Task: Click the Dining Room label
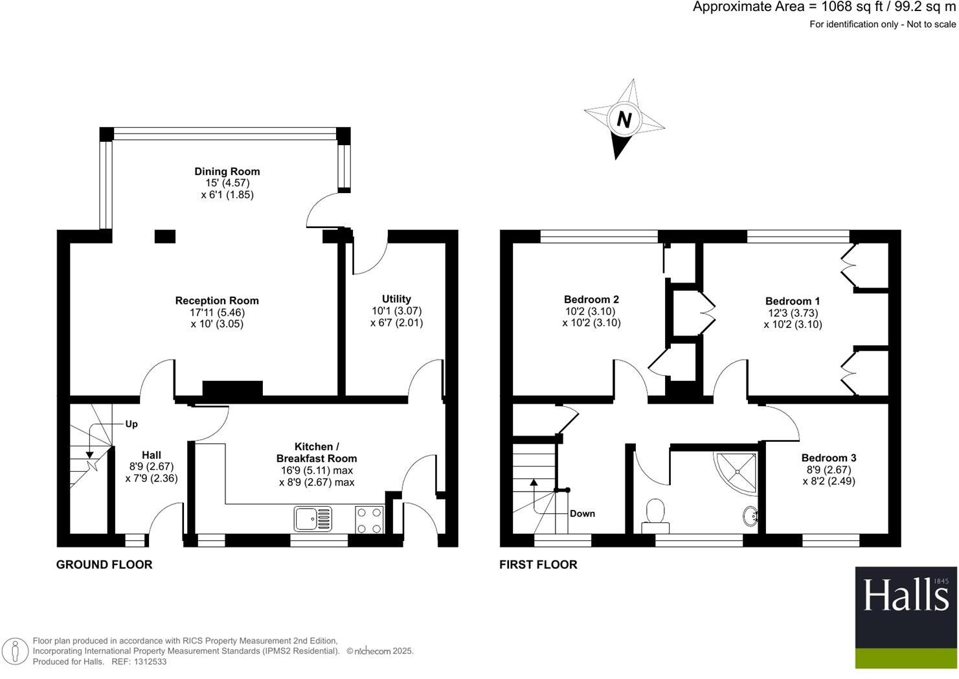[x=227, y=172]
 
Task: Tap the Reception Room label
[x=217, y=301]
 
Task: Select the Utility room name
[x=396, y=299]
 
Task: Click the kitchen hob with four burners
[x=369, y=520]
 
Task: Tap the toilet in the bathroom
[x=655, y=514]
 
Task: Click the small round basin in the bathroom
[x=750, y=516]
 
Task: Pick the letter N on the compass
[x=624, y=119]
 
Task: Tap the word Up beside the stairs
[x=131, y=424]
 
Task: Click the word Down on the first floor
[x=582, y=514]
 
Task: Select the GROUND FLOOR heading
[x=104, y=564]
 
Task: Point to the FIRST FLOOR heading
[x=538, y=564]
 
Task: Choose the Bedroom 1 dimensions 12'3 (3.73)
[x=793, y=313]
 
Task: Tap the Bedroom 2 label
[x=591, y=299]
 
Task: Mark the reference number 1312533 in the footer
[x=149, y=662]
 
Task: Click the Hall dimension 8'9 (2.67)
[x=152, y=466]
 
